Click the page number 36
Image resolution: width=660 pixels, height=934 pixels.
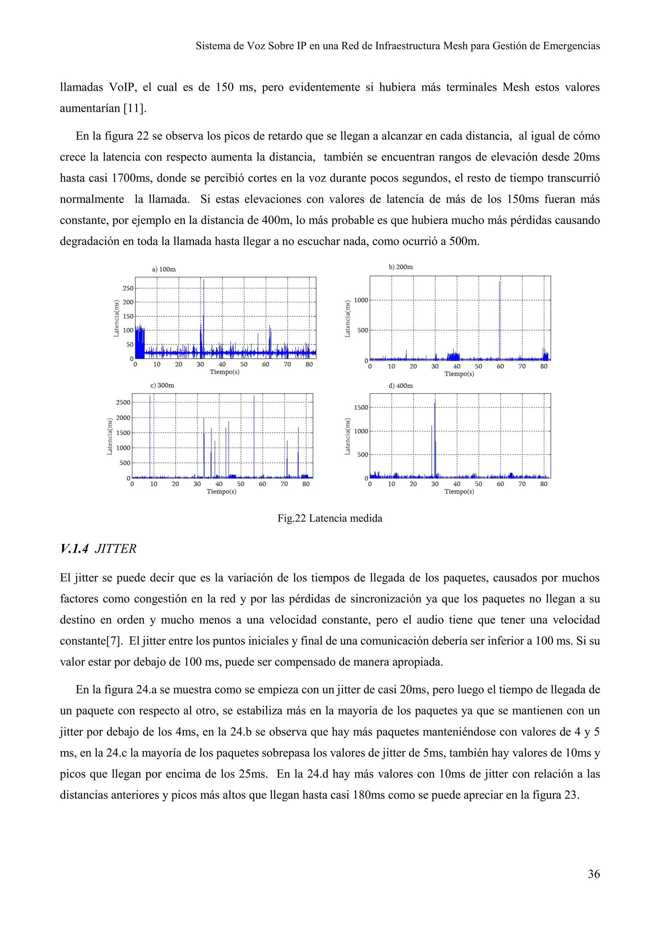[593, 874]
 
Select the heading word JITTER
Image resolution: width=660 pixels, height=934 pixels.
[115, 549]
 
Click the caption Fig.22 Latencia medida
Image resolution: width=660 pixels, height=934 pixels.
[330, 518]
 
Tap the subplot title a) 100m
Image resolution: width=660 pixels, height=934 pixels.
[164, 269]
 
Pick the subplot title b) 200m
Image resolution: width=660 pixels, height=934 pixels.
[400, 267]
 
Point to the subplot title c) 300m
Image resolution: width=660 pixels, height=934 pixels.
[162, 385]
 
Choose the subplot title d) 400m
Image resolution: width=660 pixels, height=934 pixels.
[400, 386]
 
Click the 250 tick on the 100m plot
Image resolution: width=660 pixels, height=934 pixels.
[128, 288]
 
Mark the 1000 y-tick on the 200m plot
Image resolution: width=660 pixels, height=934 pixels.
[361, 300]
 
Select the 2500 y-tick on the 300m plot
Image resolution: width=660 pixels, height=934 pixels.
[123, 402]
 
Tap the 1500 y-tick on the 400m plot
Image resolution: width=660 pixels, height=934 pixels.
[361, 408]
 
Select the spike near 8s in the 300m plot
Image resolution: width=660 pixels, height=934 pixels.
[150, 435]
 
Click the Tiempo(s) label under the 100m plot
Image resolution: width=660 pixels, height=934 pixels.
[224, 372]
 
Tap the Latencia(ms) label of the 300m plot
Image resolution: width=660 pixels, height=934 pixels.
[110, 436]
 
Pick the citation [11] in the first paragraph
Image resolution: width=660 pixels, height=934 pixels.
[134, 108]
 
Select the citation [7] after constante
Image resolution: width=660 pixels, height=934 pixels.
[114, 641]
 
